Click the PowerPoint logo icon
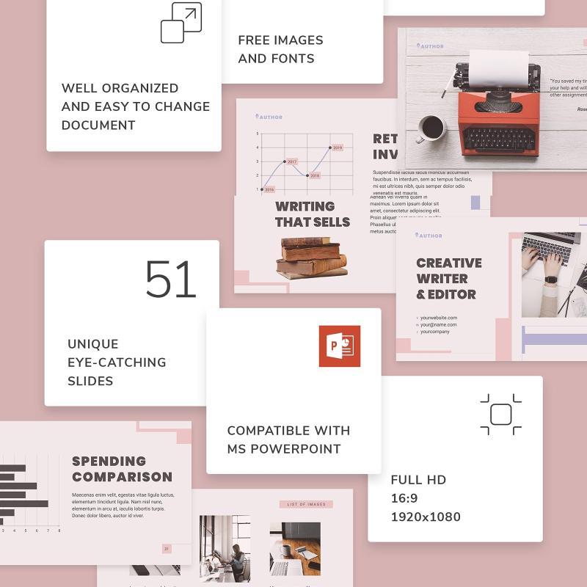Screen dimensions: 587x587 339,346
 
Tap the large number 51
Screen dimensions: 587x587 171,280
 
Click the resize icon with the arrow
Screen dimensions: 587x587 181,23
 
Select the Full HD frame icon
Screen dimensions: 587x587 500,415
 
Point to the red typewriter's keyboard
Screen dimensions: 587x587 500,138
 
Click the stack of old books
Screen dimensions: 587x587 312,258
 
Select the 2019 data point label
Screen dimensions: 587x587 337,147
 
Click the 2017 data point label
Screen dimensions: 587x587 292,161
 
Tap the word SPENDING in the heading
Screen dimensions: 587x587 109,461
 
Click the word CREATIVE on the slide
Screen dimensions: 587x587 449,263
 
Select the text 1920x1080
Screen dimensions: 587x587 426,517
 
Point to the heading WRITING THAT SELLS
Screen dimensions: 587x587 313,214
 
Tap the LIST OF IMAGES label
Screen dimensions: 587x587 306,504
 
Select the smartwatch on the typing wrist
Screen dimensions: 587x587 551,280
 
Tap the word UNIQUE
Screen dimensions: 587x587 92,343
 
